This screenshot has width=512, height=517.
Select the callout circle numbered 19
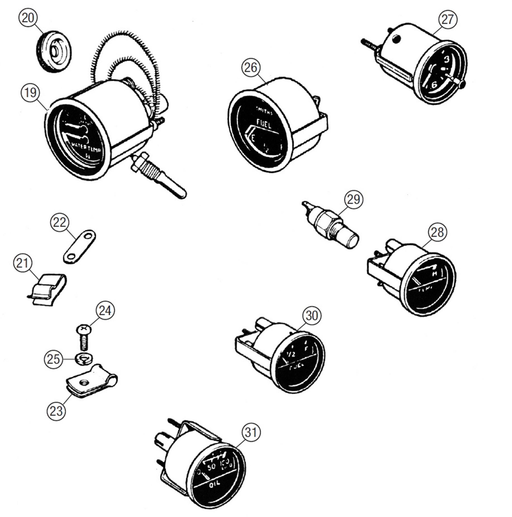click(30, 93)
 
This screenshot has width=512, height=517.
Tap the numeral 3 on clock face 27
click(446, 59)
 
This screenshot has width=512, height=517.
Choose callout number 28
click(437, 232)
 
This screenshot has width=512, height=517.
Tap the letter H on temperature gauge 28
click(435, 274)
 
